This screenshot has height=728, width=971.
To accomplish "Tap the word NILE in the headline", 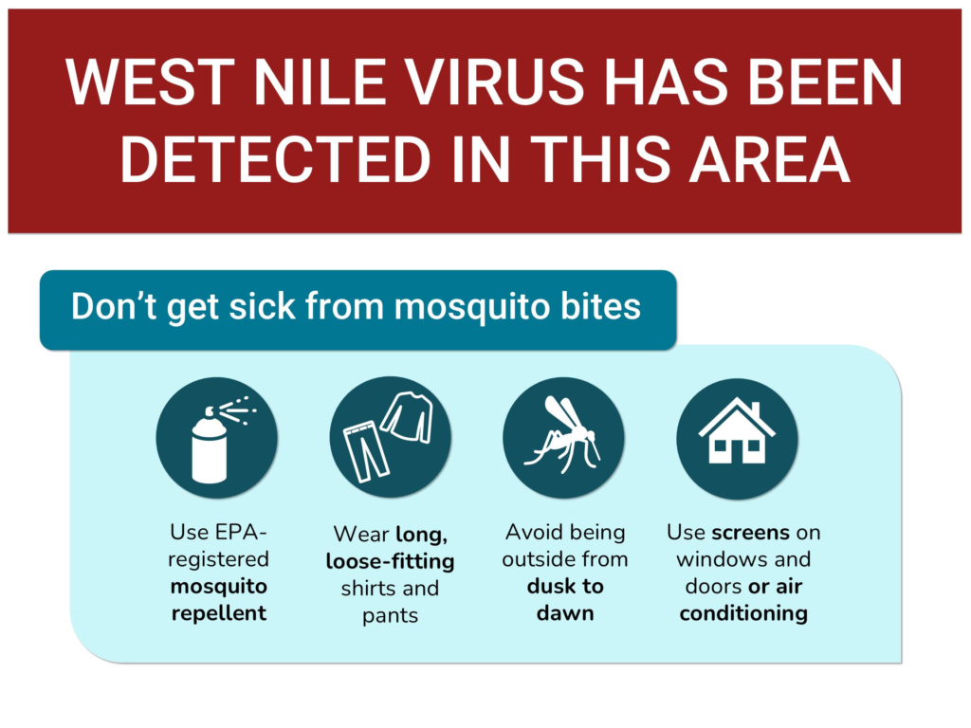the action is (x=321, y=83).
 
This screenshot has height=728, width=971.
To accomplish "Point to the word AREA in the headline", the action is (x=769, y=159).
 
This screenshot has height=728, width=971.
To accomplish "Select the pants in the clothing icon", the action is (x=365, y=450).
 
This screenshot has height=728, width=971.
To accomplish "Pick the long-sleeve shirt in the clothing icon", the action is (x=408, y=417).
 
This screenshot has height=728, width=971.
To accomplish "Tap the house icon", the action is (x=737, y=431).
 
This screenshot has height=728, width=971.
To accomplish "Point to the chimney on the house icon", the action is (x=755, y=409).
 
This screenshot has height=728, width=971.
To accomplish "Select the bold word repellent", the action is (x=219, y=613).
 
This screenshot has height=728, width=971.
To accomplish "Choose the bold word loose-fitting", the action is (x=390, y=561).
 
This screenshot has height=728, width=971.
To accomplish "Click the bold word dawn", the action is (x=565, y=613).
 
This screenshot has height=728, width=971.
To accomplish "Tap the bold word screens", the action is (x=751, y=533).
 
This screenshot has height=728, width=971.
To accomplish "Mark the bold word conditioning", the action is (x=743, y=613).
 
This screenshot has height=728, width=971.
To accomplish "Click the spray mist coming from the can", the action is (x=237, y=409).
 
